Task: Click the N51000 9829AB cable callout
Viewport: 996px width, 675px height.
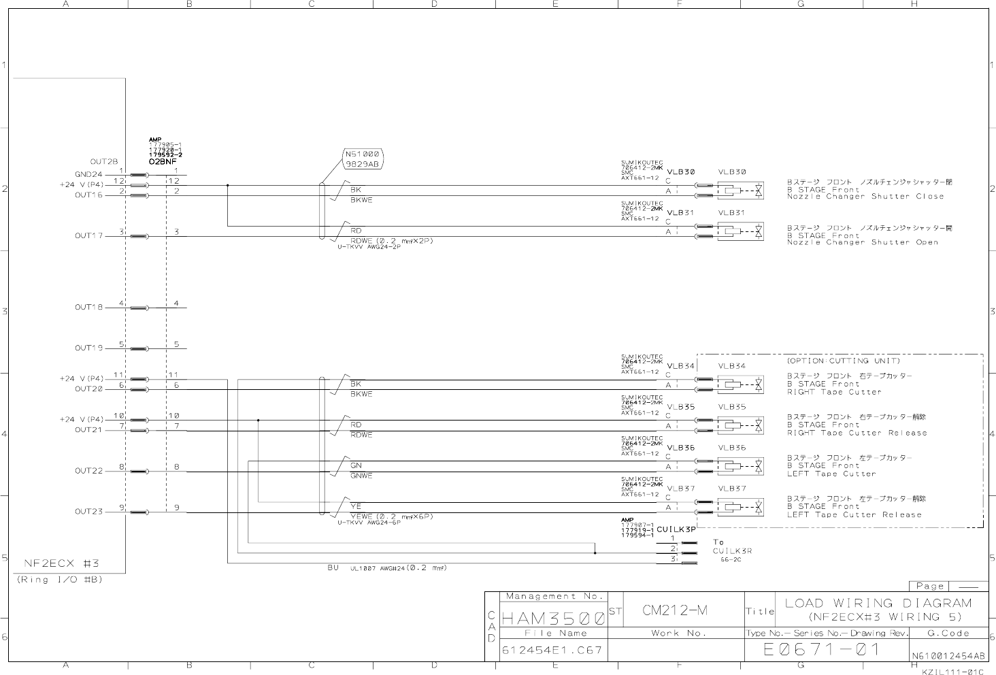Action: (362, 159)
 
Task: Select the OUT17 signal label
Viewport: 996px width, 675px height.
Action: (88, 236)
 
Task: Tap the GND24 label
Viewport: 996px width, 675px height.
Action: (88, 174)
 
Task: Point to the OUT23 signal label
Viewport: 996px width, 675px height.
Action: (88, 512)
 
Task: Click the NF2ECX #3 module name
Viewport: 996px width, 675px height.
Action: (63, 563)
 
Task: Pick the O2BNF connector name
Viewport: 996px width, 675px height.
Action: (163, 162)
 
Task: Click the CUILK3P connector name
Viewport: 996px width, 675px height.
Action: (676, 529)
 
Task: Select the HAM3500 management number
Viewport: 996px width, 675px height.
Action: (552, 619)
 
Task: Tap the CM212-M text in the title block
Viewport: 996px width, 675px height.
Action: (675, 610)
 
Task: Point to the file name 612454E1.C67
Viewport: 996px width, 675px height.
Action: (552, 651)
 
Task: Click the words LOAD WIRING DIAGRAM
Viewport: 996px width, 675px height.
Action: (878, 603)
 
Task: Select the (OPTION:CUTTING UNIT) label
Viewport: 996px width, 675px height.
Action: (843, 361)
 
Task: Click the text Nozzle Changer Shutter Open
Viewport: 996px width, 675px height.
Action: (862, 242)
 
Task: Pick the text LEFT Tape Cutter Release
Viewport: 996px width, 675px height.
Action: (854, 514)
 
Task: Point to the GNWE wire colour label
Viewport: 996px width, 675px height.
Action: (361, 476)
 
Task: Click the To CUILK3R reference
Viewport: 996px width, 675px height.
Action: (732, 547)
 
